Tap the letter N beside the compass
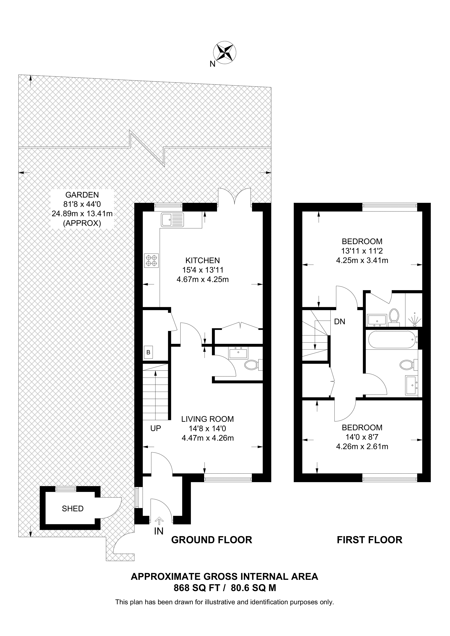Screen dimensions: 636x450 pyautogui.click(x=212, y=64)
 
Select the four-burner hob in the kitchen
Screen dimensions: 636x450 pyautogui.click(x=151, y=261)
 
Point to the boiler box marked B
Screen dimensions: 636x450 pyautogui.click(x=148, y=352)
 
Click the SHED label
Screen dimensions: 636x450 pyautogui.click(x=73, y=509)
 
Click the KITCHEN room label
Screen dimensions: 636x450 pyautogui.click(x=202, y=260)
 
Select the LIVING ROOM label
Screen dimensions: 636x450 pyautogui.click(x=207, y=419)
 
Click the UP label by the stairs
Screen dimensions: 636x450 pyautogui.click(x=155, y=428)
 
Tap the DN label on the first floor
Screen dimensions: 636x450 pyautogui.click(x=340, y=322)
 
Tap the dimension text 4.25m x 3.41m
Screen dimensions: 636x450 pyautogui.click(x=362, y=260)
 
